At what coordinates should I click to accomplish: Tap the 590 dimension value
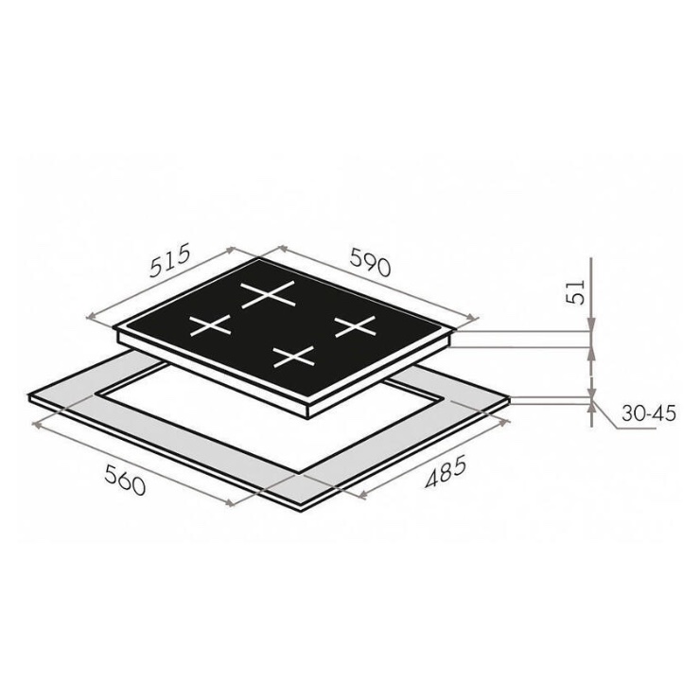point(370,262)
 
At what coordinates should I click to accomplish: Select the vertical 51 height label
point(574,292)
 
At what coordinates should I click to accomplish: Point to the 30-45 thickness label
point(648,414)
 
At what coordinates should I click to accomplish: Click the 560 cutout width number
point(126,480)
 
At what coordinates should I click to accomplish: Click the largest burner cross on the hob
point(269,294)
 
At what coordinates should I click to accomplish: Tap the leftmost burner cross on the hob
point(210,325)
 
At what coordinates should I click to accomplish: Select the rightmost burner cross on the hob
point(356,326)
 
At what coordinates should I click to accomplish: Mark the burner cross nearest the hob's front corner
point(294,357)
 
